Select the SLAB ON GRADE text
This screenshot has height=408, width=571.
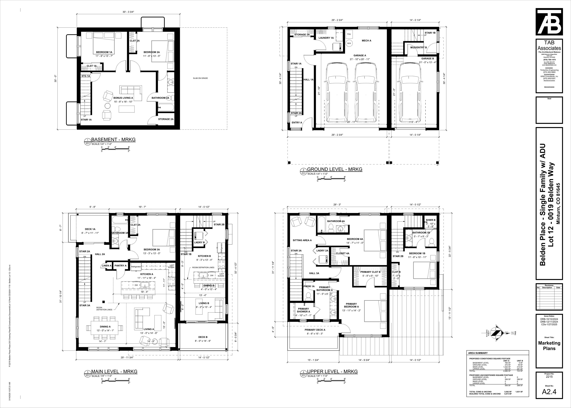click(200, 78)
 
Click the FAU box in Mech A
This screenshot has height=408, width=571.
click(349, 34)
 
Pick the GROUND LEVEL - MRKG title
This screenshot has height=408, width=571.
click(334, 169)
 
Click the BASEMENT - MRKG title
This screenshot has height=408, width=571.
click(113, 140)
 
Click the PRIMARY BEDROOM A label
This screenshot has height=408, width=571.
click(351, 305)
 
